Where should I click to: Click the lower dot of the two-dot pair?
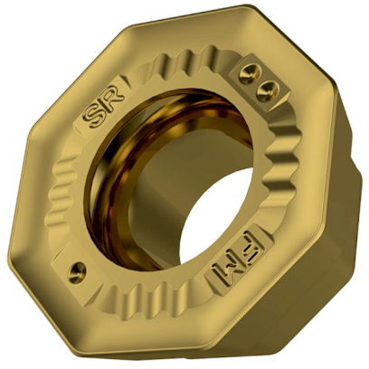point(266,88)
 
